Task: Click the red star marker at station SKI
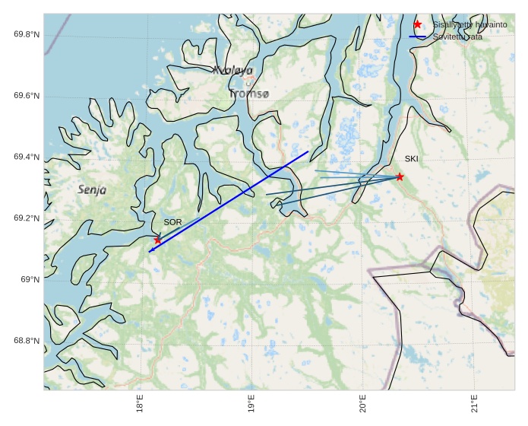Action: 400,177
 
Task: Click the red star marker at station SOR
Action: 158,240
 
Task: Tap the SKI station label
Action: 411,159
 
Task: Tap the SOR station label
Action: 172,222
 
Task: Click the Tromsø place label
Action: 248,94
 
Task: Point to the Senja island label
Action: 92,189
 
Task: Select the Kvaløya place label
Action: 232,70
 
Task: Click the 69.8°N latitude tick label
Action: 27,34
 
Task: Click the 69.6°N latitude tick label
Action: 27,96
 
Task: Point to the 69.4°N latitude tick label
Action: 27,157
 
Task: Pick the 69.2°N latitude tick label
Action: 27,218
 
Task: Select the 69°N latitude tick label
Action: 30,279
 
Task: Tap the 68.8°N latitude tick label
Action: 27,340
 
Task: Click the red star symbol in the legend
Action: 417,24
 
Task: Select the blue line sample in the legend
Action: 417,37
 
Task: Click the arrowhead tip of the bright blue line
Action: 149,251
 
